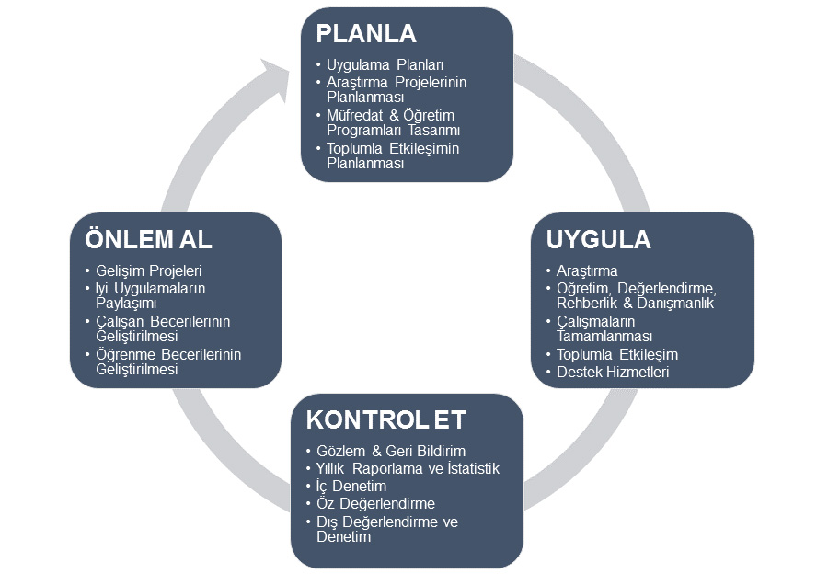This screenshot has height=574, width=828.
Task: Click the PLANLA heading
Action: [x=366, y=34]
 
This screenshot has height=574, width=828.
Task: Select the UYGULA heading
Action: [x=598, y=240]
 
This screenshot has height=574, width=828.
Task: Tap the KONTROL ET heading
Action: [x=386, y=420]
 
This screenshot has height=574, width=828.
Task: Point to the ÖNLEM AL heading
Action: [x=148, y=239]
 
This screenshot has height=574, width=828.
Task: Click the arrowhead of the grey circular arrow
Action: [x=277, y=77]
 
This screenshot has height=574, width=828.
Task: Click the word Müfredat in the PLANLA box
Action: [x=352, y=115]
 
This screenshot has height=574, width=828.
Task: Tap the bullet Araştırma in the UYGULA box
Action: [x=587, y=270]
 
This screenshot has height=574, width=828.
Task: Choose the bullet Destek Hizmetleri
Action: [x=613, y=372]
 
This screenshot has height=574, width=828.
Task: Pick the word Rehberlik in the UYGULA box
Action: [x=585, y=303]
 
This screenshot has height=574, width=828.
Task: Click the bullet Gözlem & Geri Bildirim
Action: [x=390, y=451]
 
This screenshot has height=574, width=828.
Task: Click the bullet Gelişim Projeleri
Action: [x=148, y=270]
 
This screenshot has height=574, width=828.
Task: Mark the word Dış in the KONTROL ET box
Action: [x=327, y=522]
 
